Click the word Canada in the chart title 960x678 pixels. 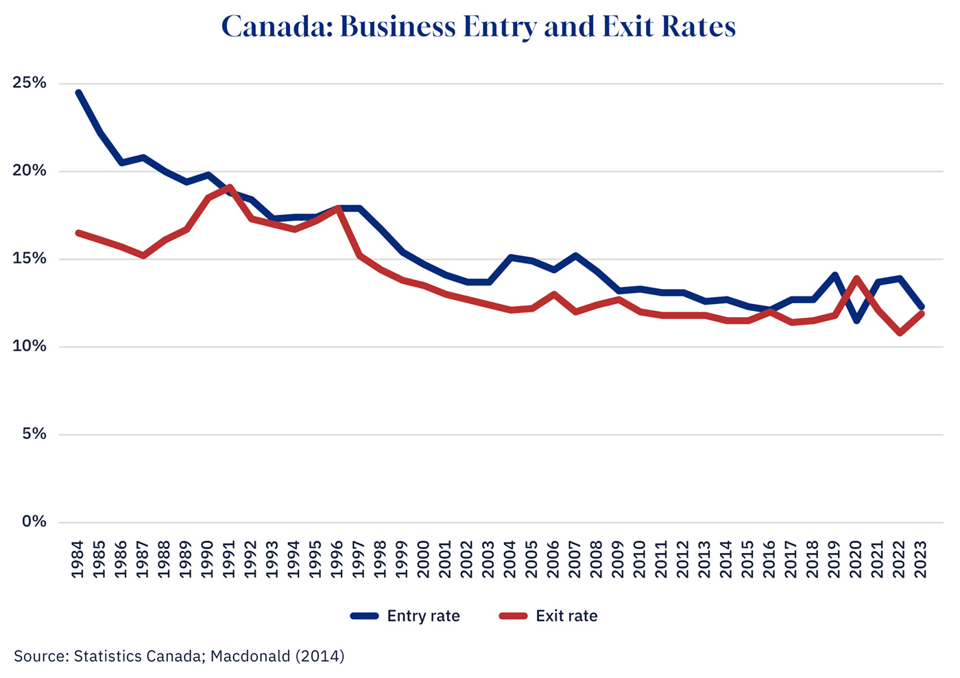point(276,27)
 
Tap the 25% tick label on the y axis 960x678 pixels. point(29,84)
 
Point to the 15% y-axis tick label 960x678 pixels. point(29,259)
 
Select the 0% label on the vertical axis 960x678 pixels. point(34,522)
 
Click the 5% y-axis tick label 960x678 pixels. point(34,434)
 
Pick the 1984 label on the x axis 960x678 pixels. point(77,560)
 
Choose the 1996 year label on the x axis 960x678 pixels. point(337,560)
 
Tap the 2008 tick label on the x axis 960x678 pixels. point(597,560)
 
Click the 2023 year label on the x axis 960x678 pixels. point(921,560)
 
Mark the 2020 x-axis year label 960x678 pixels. point(856,560)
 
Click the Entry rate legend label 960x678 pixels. point(423,616)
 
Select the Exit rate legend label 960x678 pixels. point(566,616)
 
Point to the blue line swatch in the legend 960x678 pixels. point(364,616)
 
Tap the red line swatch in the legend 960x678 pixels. point(513,616)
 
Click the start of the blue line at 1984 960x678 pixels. point(79,93)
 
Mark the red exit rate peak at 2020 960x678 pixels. point(856,279)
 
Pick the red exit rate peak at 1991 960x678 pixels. point(230,187)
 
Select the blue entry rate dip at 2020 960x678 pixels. point(856,320)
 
